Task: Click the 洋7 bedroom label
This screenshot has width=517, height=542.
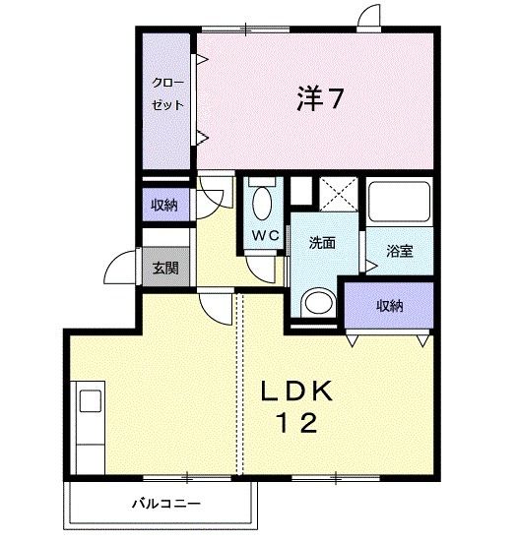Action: coord(320,98)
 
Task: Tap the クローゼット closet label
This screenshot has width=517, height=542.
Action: coord(166,94)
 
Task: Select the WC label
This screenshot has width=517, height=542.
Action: coord(263,235)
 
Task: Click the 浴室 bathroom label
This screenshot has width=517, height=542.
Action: coord(398,250)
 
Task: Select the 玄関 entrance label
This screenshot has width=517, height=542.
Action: coord(164,268)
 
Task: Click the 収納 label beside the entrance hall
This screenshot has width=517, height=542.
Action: coord(164,206)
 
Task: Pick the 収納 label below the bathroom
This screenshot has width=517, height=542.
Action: coord(390,305)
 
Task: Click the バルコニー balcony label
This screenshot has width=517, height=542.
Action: coord(167,504)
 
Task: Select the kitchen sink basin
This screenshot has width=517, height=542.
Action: coord(91,401)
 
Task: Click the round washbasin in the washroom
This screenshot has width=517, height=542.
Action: coord(317,301)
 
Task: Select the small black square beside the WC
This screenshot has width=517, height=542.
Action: coord(300,189)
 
